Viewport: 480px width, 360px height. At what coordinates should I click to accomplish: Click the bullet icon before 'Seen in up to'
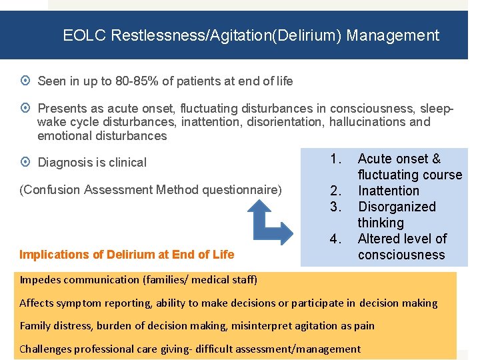click(25, 81)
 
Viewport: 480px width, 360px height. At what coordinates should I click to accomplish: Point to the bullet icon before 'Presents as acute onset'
click(25, 108)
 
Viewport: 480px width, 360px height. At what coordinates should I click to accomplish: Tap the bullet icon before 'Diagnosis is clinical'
click(25, 162)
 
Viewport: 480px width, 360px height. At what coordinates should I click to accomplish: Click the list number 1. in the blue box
click(336, 159)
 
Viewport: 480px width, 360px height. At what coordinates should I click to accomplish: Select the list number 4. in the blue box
click(336, 239)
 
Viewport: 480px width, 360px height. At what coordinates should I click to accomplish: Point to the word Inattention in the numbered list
click(389, 191)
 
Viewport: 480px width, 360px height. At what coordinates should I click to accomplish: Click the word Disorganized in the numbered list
click(397, 207)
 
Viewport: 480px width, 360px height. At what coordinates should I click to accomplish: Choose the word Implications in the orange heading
click(51, 254)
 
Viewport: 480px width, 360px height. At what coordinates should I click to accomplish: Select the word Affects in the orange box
click(37, 303)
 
